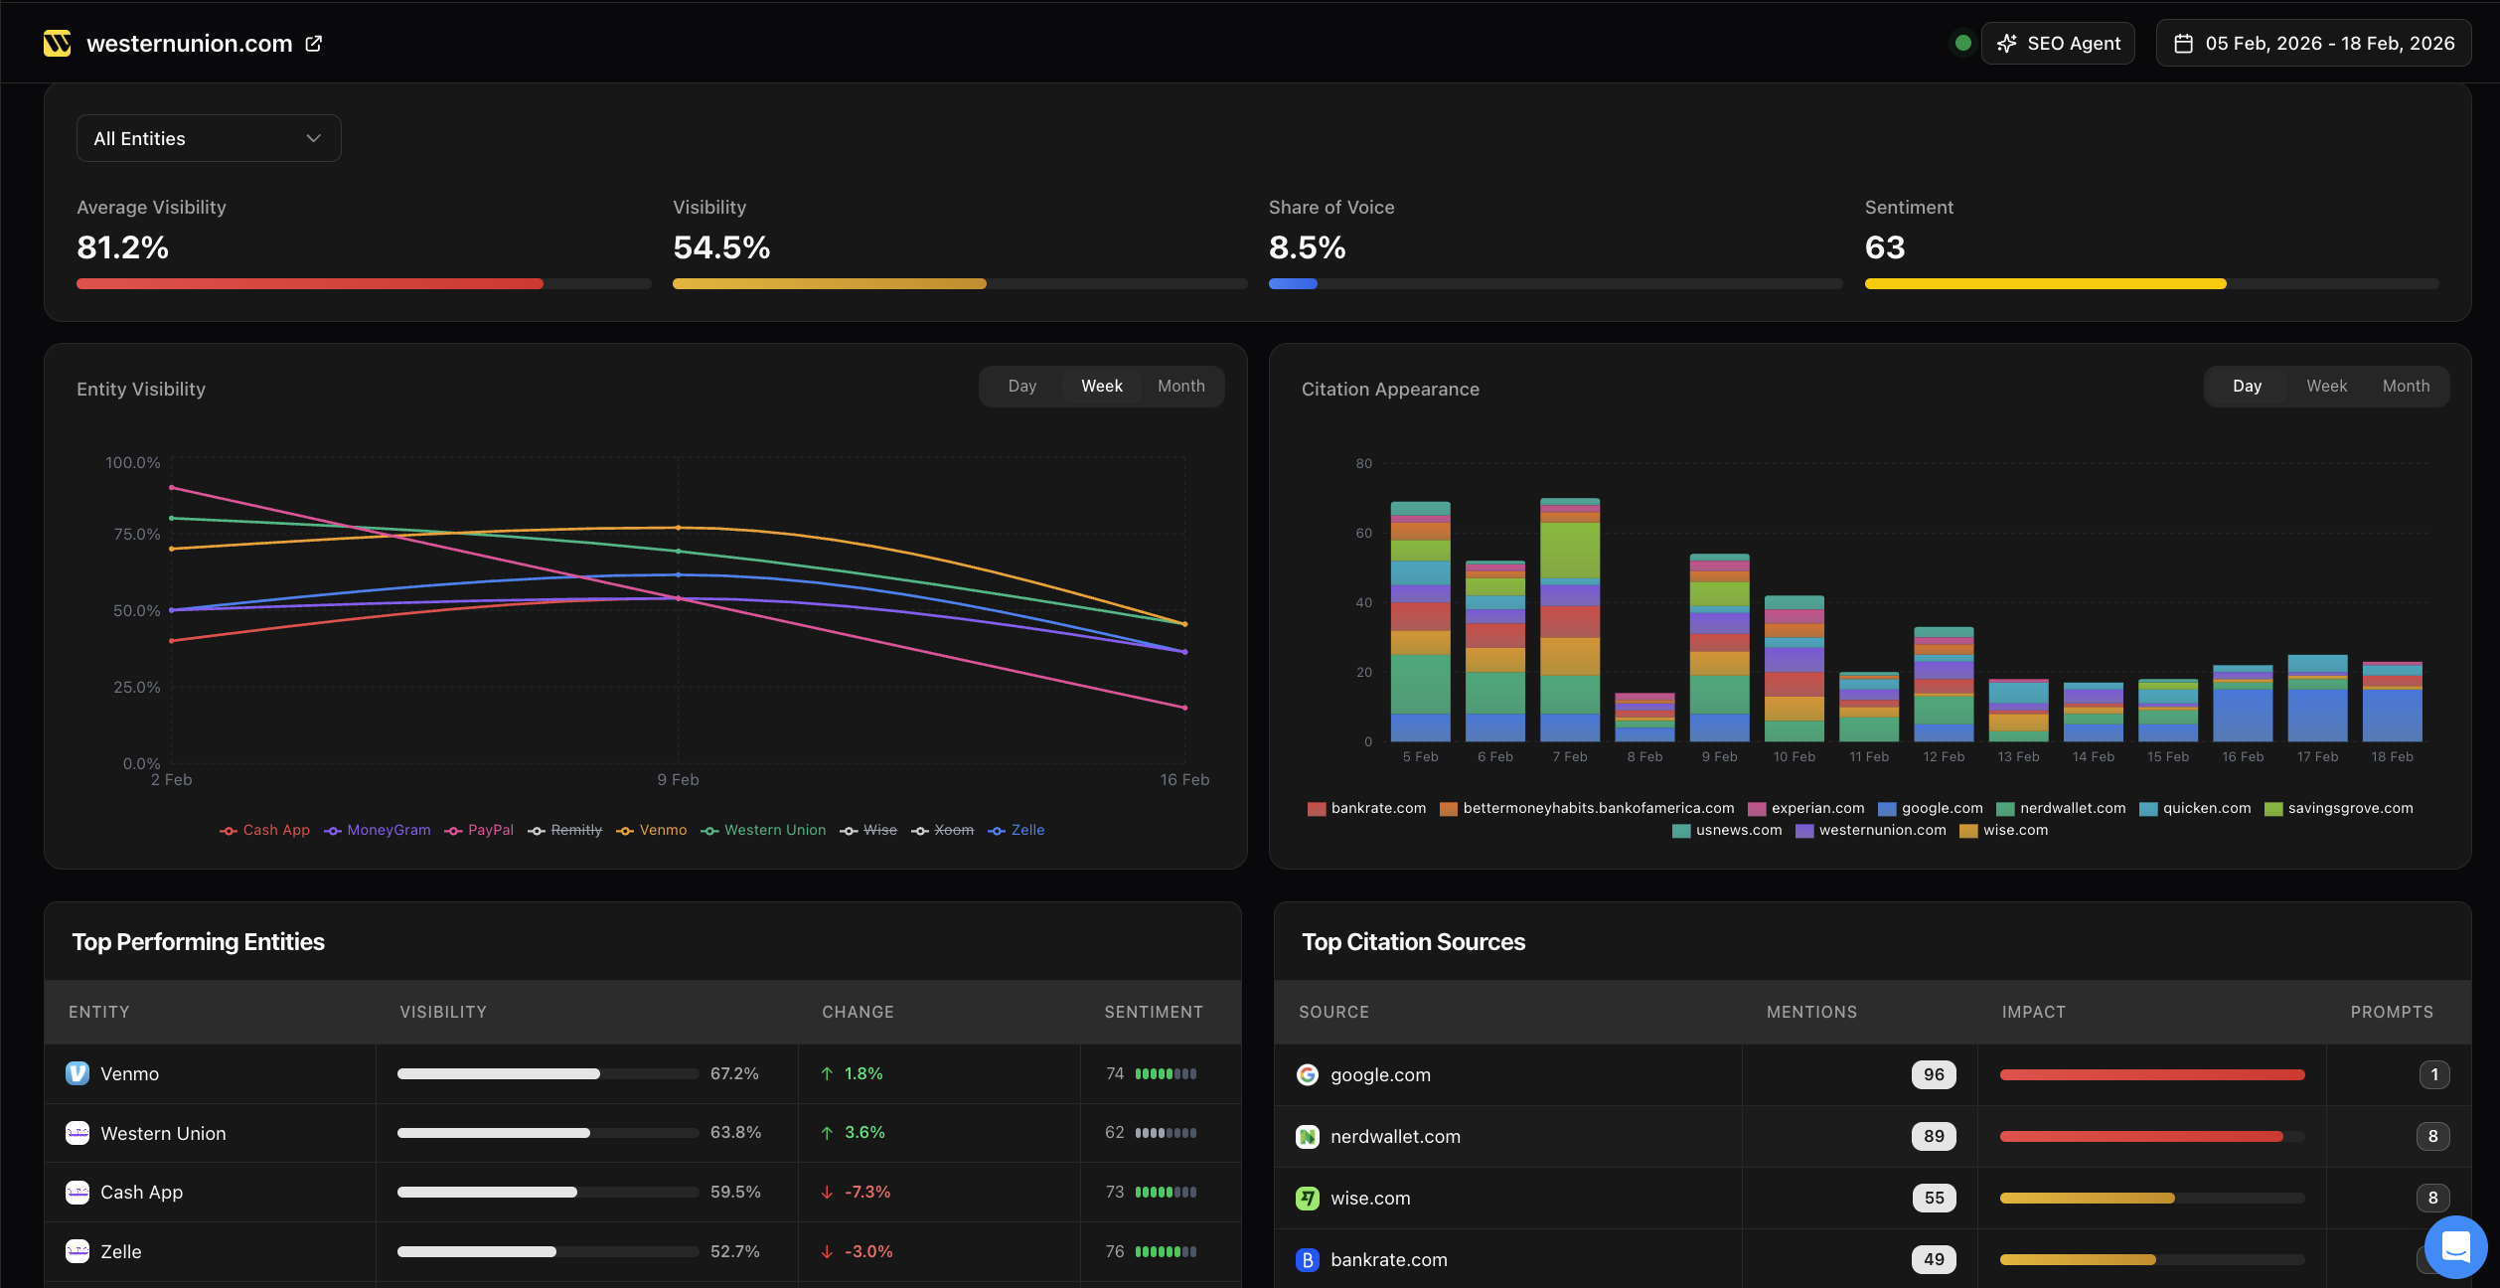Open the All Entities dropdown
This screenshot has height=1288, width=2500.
click(209, 138)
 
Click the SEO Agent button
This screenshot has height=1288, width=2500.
click(2058, 44)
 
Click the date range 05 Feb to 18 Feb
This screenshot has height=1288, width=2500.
click(2313, 44)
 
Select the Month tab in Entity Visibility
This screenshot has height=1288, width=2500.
click(1180, 387)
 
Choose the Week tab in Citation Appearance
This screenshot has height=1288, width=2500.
click(2326, 387)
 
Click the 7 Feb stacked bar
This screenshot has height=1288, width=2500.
click(1570, 621)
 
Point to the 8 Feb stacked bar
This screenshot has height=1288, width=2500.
click(1644, 718)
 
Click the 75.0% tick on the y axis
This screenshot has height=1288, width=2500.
click(137, 535)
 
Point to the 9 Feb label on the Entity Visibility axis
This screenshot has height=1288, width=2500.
click(678, 780)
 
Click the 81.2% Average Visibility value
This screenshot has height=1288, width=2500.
click(123, 247)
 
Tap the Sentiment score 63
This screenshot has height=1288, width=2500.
click(1885, 247)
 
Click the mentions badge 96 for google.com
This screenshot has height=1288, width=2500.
click(1933, 1074)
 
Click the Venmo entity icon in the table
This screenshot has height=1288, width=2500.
click(78, 1073)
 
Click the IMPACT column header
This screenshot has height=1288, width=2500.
click(2033, 1012)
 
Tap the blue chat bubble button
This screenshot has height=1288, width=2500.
click(2455, 1246)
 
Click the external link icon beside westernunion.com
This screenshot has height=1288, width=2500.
click(314, 44)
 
